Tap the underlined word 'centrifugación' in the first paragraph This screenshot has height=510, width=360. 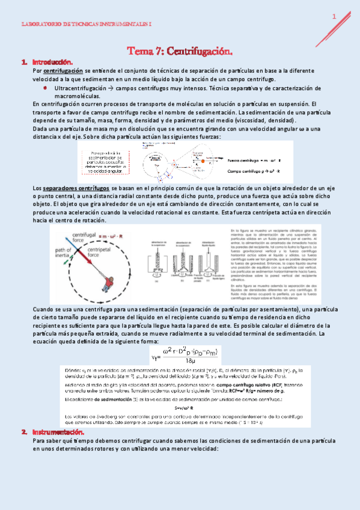[63, 70]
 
